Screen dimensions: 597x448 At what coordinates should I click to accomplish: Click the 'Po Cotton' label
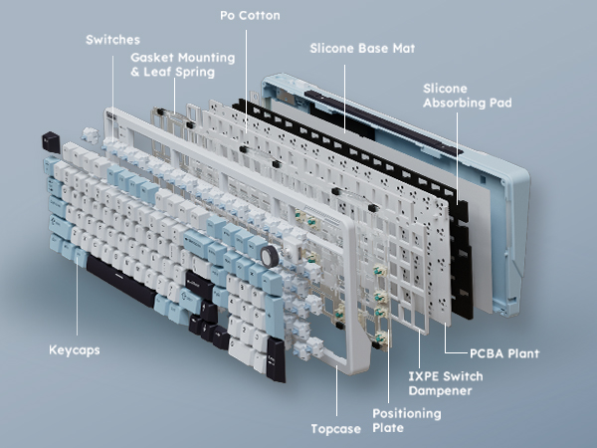click(250, 15)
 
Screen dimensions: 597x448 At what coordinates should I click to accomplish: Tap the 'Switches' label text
click(112, 40)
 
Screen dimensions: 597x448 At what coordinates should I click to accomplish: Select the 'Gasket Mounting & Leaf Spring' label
click(183, 65)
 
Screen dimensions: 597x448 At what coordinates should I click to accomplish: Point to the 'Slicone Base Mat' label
click(362, 49)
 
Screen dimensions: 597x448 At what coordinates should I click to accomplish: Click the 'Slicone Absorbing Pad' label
click(468, 96)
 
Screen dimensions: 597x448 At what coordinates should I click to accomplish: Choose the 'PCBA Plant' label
click(504, 353)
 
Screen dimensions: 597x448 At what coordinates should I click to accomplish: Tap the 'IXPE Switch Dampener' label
click(446, 383)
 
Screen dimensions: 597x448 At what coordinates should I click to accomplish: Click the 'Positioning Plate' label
click(407, 420)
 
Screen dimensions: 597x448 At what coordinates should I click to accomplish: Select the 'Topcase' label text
click(336, 429)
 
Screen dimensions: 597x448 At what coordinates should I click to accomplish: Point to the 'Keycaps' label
click(75, 350)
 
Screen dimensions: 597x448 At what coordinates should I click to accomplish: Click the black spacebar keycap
click(121, 280)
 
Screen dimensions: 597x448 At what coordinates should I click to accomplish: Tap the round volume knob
click(270, 256)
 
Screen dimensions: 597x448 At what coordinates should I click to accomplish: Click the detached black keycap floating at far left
click(51, 142)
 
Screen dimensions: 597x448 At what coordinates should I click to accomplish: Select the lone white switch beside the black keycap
click(90, 135)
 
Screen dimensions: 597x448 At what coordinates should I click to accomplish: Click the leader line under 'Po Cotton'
click(246, 82)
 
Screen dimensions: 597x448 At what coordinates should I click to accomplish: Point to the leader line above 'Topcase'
click(336, 390)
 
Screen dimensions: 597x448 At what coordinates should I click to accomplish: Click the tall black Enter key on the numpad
click(276, 359)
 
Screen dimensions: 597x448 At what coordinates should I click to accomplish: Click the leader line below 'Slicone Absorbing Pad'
click(458, 157)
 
